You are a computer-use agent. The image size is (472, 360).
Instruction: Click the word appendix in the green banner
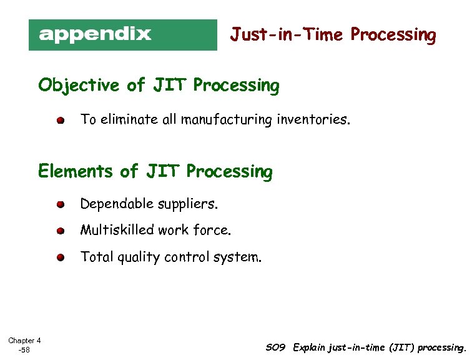(95, 34)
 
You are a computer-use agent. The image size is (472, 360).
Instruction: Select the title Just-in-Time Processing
(333, 34)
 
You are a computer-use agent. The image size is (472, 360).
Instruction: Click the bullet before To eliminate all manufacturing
(59, 120)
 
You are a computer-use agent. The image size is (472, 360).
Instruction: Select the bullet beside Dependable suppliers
(59, 204)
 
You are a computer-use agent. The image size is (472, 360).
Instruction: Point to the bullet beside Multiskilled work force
(59, 231)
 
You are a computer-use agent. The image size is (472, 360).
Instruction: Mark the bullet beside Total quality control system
(59, 257)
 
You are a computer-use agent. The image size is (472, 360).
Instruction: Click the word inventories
(312, 119)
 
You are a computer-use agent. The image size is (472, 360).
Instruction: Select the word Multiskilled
(117, 231)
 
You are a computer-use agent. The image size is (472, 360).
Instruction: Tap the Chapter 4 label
(24, 341)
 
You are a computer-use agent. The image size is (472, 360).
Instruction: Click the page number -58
(24, 350)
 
